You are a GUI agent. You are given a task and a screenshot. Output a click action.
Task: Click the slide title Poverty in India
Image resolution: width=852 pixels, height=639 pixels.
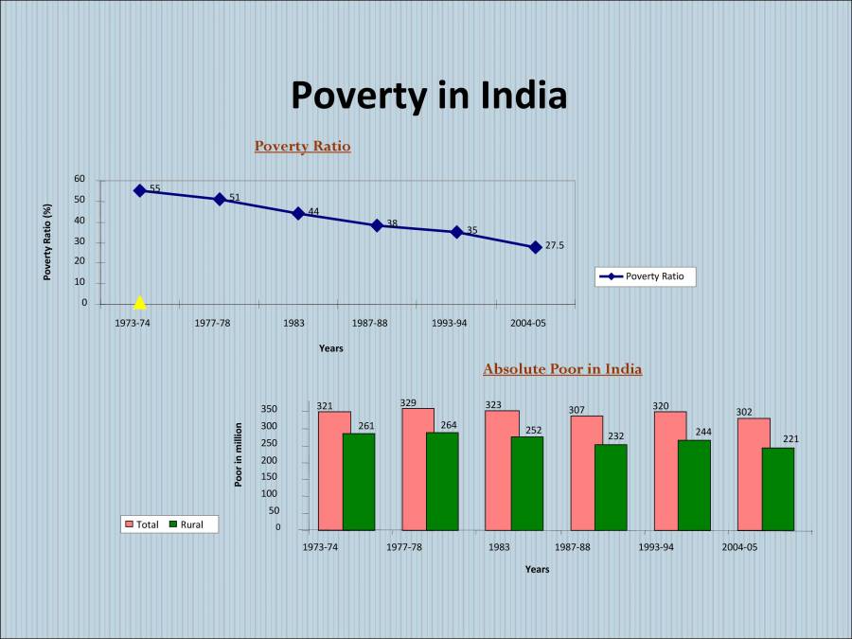tap(428, 96)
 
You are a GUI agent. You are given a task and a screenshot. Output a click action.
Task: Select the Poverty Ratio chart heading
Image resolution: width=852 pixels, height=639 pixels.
tap(302, 146)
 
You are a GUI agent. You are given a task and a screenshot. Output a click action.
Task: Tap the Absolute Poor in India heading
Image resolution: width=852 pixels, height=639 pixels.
tap(562, 368)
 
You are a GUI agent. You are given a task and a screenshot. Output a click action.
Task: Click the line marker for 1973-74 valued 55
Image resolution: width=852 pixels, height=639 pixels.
tap(140, 190)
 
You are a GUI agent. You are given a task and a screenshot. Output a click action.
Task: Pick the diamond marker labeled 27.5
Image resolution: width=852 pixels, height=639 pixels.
tap(535, 246)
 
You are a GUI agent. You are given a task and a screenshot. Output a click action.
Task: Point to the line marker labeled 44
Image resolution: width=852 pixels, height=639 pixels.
tap(298, 213)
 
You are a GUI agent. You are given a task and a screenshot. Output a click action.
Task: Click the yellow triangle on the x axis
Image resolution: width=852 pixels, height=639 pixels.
tap(140, 303)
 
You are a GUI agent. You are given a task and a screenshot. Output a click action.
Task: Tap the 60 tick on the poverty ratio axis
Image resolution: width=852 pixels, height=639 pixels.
tap(80, 179)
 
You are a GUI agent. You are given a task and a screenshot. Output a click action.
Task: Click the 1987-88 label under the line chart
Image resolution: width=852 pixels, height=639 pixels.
tap(369, 323)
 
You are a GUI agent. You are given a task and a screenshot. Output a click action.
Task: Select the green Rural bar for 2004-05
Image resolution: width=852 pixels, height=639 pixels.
tap(778, 488)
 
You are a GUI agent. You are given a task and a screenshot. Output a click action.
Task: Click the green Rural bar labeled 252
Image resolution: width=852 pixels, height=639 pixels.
tap(527, 483)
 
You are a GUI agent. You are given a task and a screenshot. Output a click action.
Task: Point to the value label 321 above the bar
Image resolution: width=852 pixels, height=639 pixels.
tap(325, 405)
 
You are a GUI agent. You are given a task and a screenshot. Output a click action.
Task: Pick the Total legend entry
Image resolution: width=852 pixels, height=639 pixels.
tap(141, 524)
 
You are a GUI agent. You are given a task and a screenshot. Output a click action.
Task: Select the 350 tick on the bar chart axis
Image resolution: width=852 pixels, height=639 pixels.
tap(270, 409)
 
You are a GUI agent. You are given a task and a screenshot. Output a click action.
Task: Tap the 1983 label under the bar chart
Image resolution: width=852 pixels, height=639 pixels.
tap(499, 547)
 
